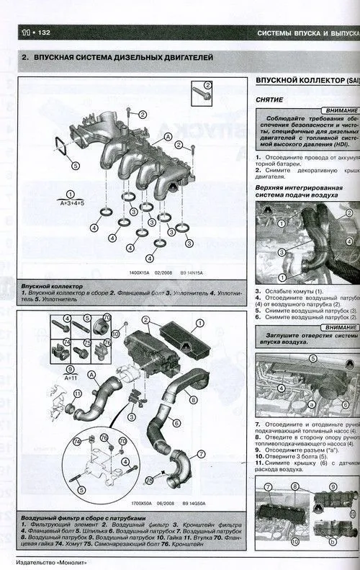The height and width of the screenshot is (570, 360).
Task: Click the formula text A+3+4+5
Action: (70, 203)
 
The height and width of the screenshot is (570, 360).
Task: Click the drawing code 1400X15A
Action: (143, 272)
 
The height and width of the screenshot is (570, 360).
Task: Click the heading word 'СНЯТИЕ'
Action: (269, 99)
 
